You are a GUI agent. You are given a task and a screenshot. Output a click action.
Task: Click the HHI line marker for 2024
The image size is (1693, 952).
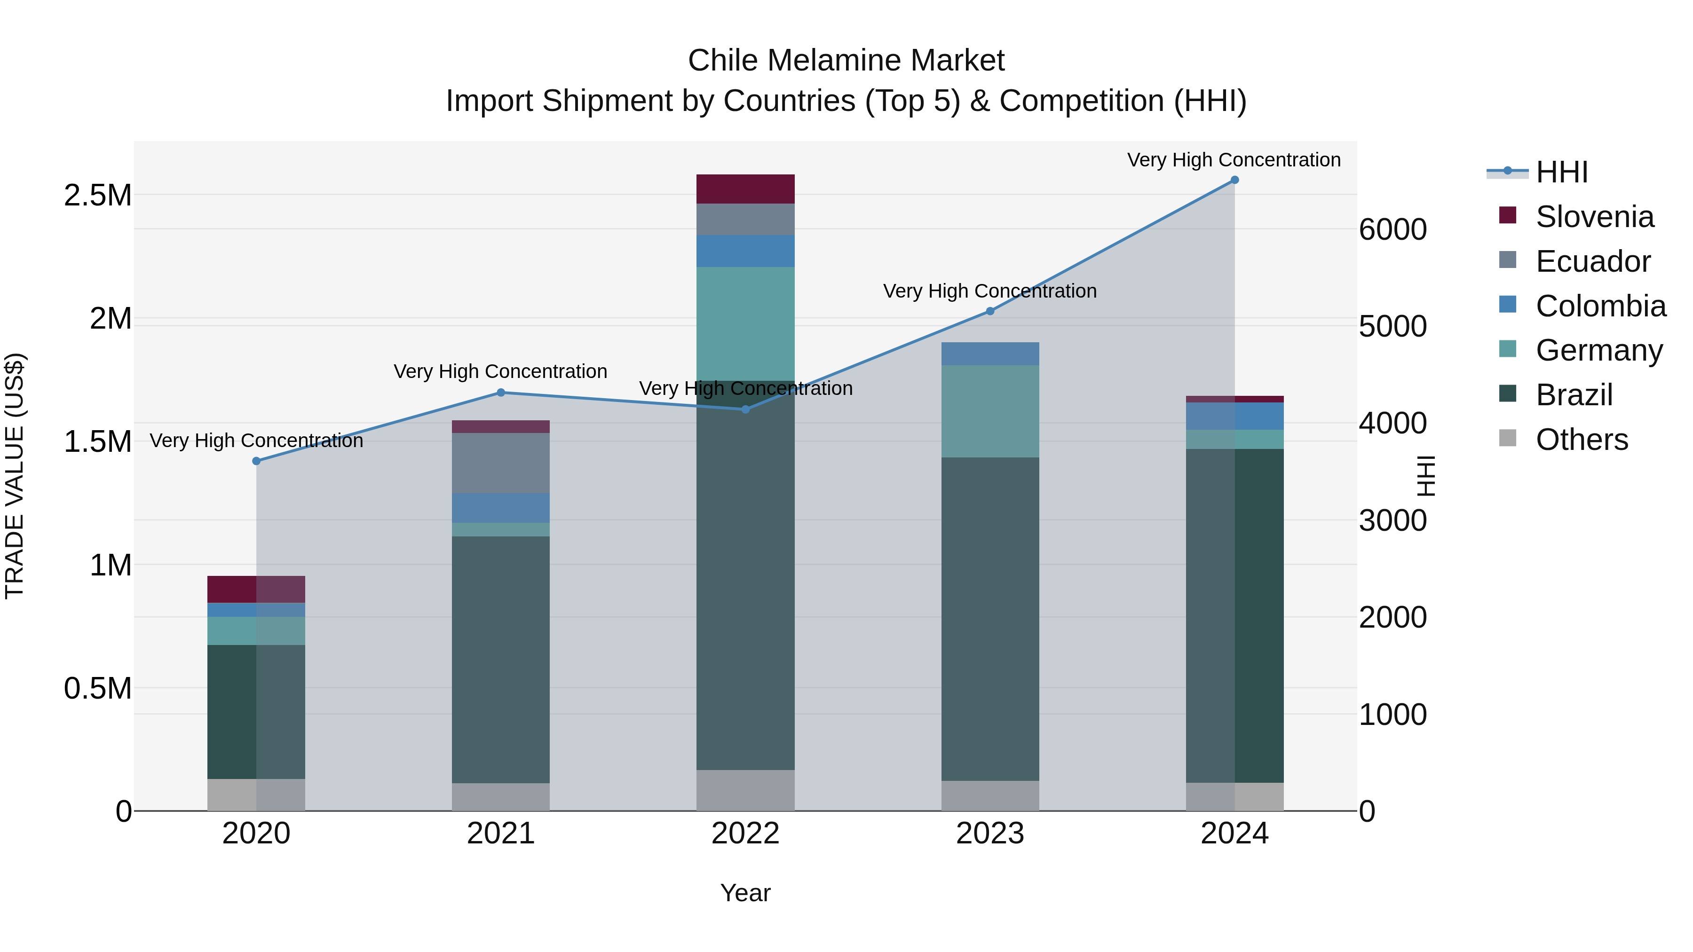click(1234, 180)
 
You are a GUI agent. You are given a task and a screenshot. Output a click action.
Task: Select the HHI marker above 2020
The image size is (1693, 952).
click(256, 461)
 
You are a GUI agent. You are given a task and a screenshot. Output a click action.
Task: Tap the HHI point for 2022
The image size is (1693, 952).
click(745, 409)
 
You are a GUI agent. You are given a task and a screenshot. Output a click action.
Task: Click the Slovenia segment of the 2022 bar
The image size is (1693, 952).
click(745, 189)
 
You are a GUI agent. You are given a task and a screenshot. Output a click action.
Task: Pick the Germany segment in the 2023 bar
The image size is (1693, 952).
click(990, 411)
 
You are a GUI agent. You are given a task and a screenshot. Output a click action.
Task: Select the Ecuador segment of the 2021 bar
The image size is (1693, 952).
click(501, 463)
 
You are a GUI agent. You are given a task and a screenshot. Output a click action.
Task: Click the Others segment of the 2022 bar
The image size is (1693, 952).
click(745, 790)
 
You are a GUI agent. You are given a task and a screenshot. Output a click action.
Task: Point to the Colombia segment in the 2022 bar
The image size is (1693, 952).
click(745, 251)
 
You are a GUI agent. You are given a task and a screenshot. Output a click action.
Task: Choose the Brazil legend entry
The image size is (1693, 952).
click(1574, 395)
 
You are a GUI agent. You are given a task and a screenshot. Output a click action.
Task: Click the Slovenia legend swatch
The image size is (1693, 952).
click(1508, 215)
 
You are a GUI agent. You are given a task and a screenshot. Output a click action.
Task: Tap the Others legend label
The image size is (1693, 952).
click(1581, 440)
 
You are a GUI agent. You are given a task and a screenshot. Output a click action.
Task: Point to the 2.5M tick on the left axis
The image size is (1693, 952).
click(97, 196)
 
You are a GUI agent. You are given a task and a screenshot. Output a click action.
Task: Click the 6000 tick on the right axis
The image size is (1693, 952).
click(1392, 230)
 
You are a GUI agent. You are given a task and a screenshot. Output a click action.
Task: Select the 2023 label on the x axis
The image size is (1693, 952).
click(990, 834)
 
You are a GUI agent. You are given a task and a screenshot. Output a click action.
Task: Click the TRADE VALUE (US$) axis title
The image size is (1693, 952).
click(15, 476)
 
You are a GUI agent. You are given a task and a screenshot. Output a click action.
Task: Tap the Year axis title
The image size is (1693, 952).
click(745, 893)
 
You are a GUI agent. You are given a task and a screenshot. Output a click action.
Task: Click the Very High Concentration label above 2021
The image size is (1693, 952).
click(500, 371)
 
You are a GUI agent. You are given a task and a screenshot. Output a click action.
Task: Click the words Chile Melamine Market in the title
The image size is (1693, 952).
click(846, 61)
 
